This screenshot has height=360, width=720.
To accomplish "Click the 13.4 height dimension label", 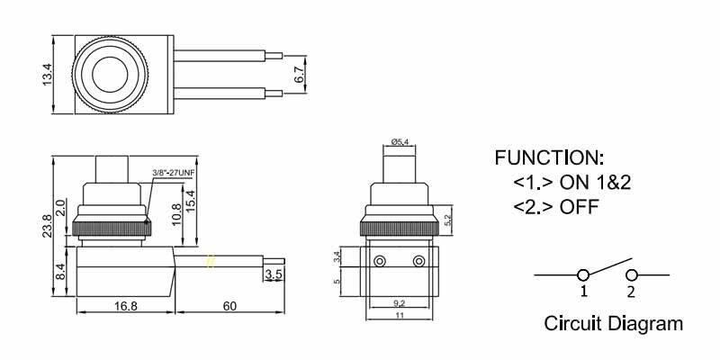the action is click(47, 75).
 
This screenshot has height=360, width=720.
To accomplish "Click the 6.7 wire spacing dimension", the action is click(300, 75).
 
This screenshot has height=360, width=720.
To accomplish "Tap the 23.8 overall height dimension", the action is click(47, 227).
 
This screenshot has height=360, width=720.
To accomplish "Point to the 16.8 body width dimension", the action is click(126, 305).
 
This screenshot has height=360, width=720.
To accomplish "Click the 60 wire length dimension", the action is click(229, 305).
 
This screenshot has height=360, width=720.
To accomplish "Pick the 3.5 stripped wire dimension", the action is click(274, 274).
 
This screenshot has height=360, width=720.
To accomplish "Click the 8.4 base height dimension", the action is click(60, 272).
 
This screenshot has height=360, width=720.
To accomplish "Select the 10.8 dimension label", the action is click(176, 214).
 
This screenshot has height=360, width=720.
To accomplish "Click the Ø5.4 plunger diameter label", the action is click(400, 142).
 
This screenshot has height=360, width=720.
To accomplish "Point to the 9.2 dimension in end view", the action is click(399, 303).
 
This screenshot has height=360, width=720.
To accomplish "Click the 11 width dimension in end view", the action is click(399, 315).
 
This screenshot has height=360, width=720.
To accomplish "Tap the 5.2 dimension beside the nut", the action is click(448, 215).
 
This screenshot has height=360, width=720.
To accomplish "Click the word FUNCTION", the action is click(549, 158).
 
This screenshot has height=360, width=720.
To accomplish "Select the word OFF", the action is click(579, 207).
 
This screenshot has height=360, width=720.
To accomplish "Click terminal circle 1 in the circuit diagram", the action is click(583, 275).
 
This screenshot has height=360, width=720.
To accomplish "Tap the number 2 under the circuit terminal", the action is click(631, 291).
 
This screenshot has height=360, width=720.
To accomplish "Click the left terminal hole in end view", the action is click(379, 261).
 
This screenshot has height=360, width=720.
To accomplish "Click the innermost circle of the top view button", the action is click(110, 75).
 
